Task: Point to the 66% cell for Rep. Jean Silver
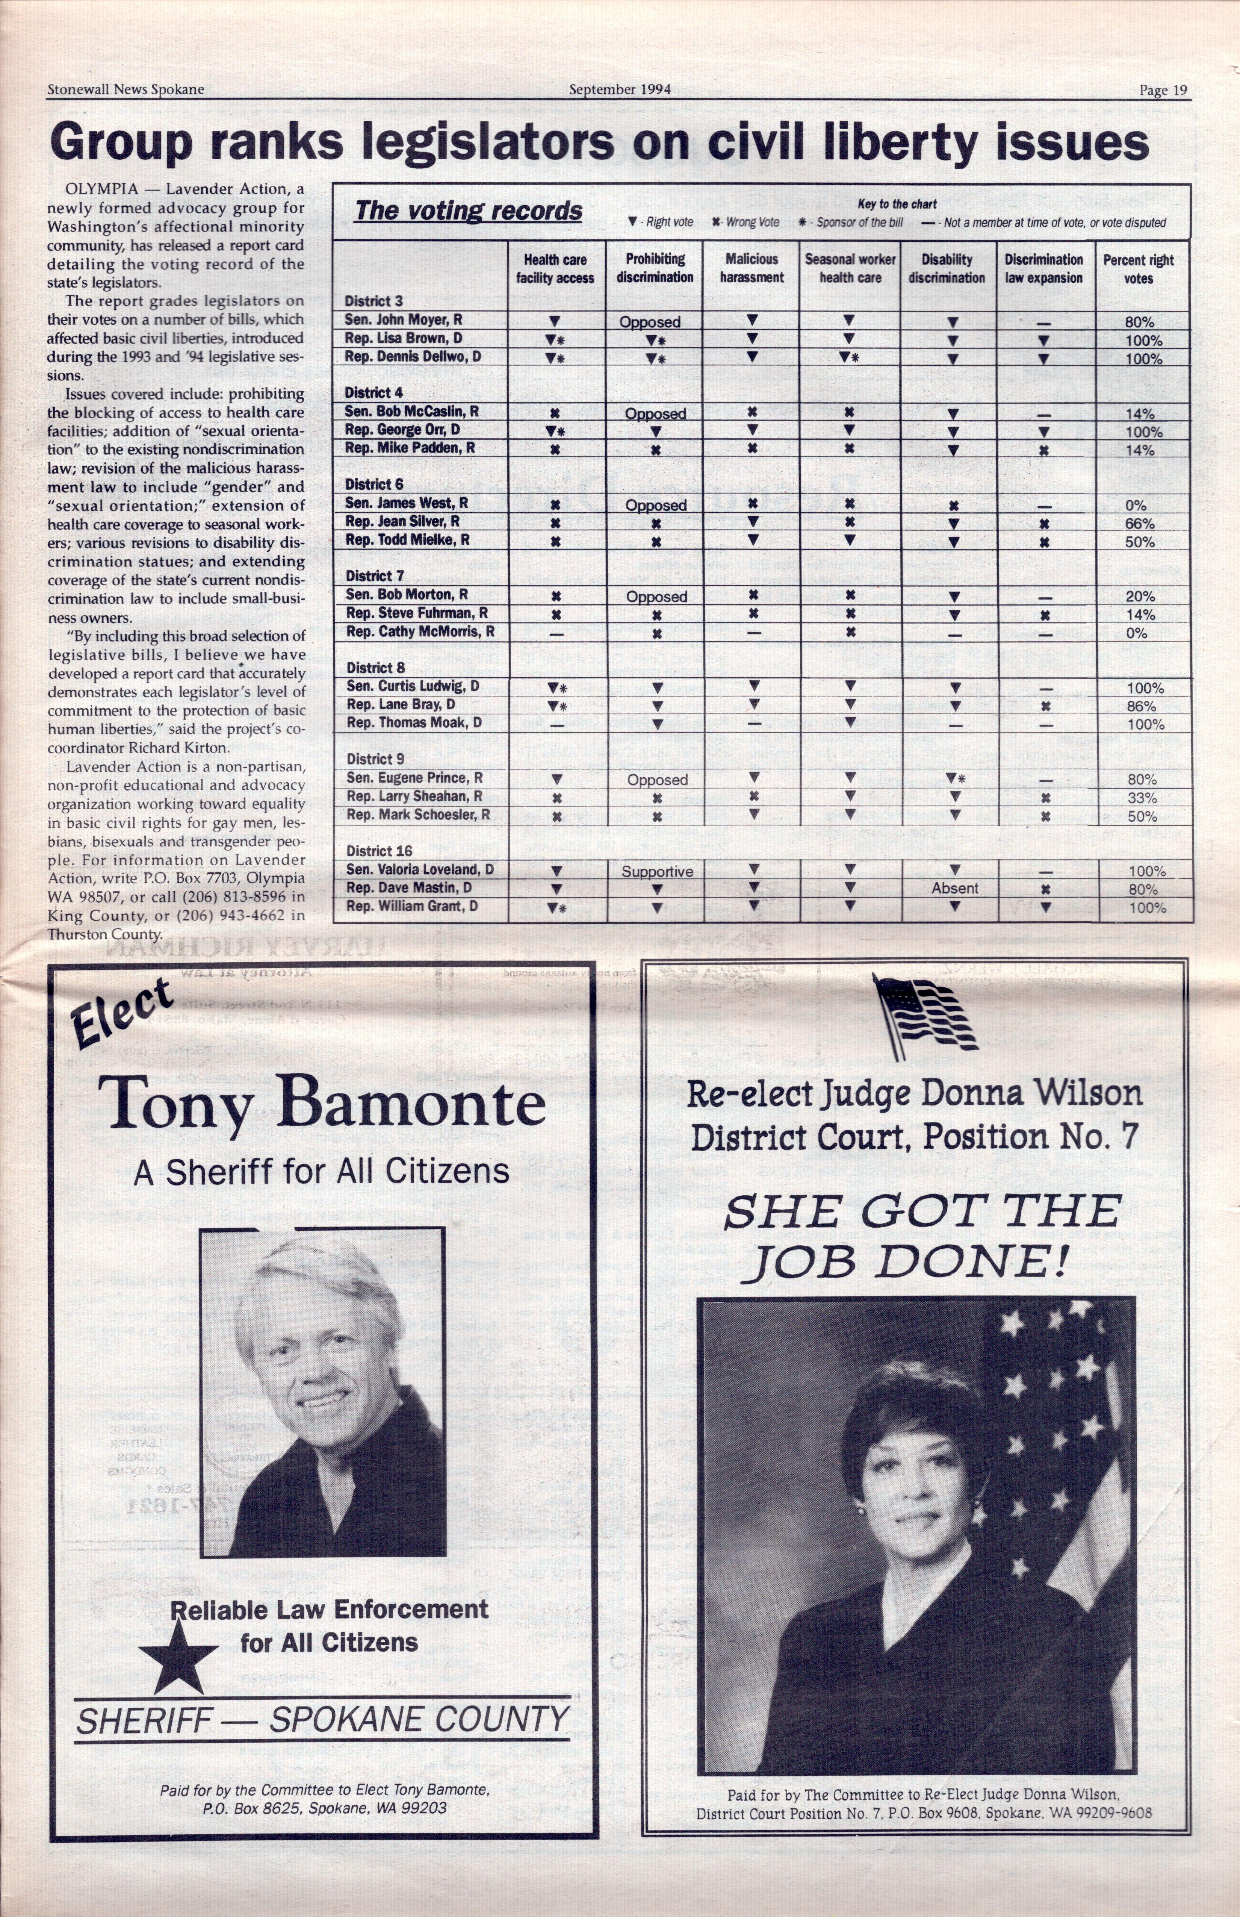coord(1139,524)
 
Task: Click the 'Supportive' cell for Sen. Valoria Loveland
coord(657,872)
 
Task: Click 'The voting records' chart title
coord(469,211)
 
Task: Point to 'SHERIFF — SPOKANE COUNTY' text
coord(322,1720)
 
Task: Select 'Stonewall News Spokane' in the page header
coord(126,89)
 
